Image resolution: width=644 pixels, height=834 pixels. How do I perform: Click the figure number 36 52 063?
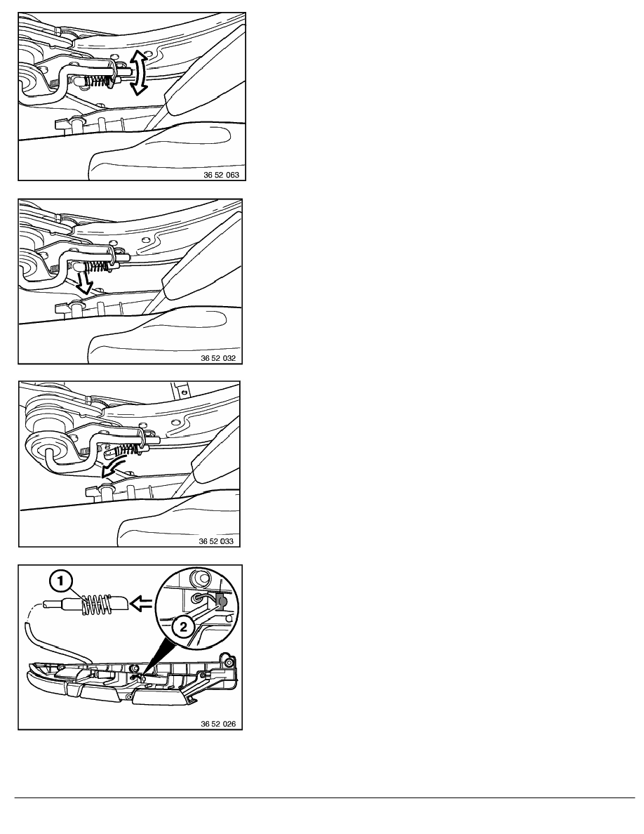pyautogui.click(x=221, y=175)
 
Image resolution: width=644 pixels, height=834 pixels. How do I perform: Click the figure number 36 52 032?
pyautogui.click(x=218, y=358)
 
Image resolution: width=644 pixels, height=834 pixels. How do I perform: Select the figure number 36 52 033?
pyautogui.click(x=216, y=541)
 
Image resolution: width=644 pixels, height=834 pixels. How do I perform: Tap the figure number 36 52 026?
pyautogui.click(x=218, y=724)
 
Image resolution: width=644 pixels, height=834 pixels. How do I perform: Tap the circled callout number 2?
pyautogui.click(x=183, y=627)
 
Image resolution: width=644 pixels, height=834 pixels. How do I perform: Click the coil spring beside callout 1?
pyautogui.click(x=97, y=604)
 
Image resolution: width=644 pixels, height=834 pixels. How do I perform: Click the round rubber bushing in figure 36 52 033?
pyautogui.click(x=49, y=444)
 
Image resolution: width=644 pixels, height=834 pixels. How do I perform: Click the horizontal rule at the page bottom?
pyautogui.click(x=325, y=797)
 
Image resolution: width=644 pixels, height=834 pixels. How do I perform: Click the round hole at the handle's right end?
pyautogui.click(x=229, y=662)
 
